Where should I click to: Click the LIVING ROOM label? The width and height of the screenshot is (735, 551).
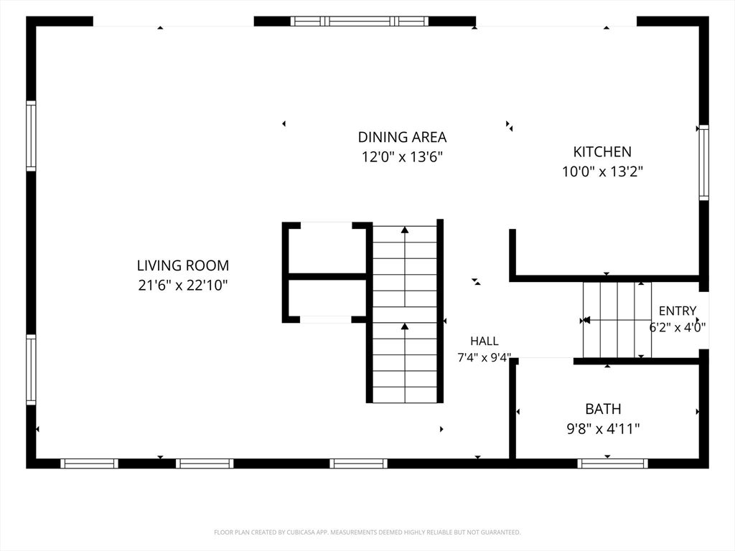click(183, 265)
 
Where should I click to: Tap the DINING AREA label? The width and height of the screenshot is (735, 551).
click(402, 137)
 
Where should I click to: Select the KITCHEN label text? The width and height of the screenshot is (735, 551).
click(602, 151)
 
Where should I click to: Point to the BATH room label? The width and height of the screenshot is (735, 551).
click(603, 408)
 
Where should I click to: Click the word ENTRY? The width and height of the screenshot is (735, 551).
click(678, 311)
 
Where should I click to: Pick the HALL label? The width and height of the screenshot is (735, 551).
click(484, 341)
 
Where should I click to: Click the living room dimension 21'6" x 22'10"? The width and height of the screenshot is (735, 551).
click(183, 285)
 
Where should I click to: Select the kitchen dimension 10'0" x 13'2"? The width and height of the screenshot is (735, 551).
click(602, 171)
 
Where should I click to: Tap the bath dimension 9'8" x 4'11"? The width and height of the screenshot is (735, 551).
click(603, 428)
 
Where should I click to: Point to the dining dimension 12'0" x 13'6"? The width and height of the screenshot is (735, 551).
click(402, 156)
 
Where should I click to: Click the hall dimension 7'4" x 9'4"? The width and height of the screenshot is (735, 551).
click(484, 357)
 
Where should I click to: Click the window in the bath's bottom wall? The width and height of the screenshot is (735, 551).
click(613, 463)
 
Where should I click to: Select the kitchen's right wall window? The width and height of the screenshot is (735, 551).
click(703, 163)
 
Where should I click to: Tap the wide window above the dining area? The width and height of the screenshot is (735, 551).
click(360, 21)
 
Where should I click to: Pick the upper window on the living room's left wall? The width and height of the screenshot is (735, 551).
click(31, 136)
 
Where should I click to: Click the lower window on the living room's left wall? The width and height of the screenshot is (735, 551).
click(31, 369)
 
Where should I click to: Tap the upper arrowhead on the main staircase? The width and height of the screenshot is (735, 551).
click(405, 230)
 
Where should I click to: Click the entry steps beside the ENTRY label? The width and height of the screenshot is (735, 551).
click(617, 320)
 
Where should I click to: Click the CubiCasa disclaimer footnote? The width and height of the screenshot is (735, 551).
click(367, 532)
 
